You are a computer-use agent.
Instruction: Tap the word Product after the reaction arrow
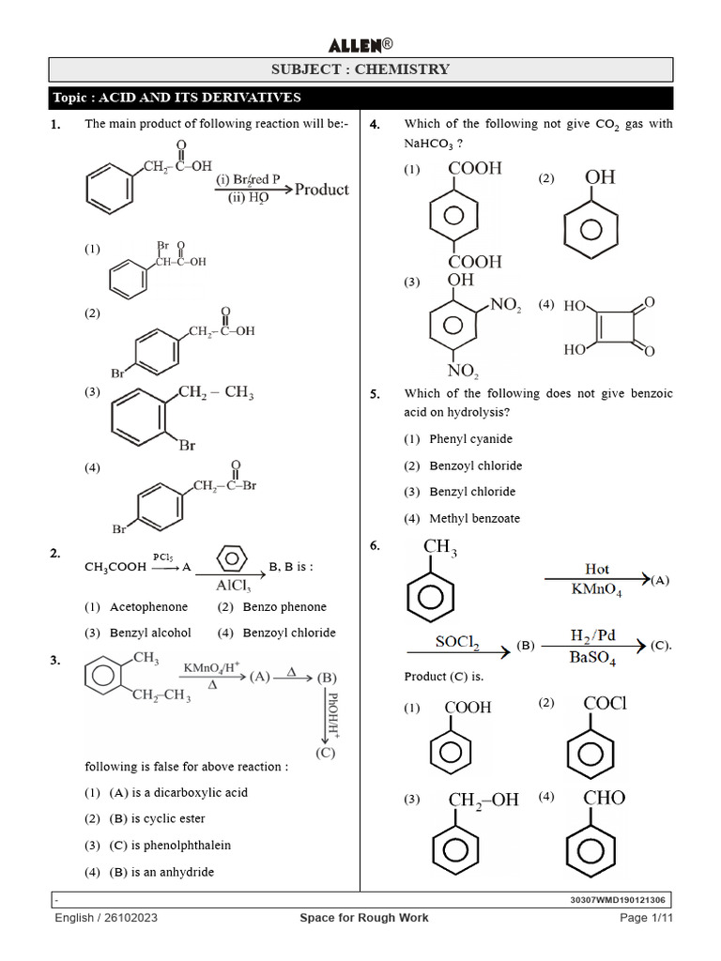click(321, 189)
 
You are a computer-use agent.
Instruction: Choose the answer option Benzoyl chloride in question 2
click(289, 633)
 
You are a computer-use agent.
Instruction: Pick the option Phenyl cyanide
click(470, 439)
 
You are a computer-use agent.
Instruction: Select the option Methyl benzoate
click(474, 519)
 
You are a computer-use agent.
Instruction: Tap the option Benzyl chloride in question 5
click(472, 492)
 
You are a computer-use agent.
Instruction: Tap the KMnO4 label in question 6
click(596, 590)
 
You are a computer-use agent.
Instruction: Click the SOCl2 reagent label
click(458, 642)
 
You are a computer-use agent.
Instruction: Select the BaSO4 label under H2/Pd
click(592, 660)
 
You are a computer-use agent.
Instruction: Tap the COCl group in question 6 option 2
click(605, 703)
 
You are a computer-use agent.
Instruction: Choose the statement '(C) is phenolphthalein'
click(170, 846)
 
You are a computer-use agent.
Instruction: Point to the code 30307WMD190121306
click(619, 900)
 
